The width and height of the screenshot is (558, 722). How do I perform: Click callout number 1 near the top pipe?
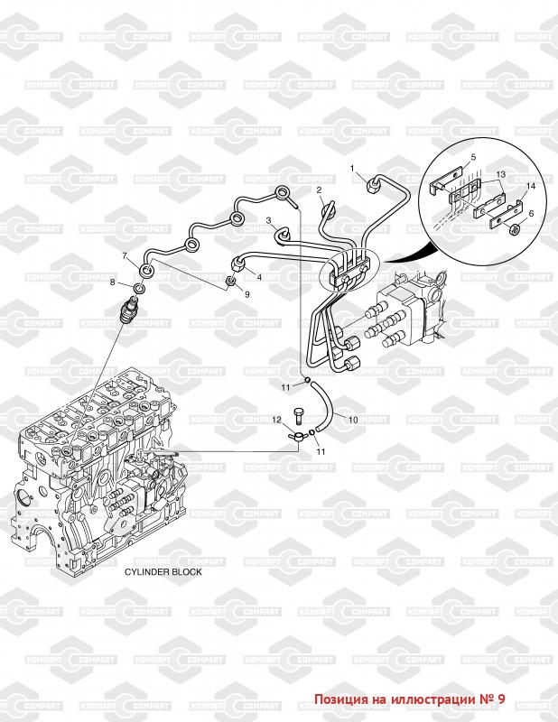coord(352,169)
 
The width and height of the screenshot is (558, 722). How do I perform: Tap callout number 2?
coord(319,190)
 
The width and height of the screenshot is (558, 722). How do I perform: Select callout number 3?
coord(269,221)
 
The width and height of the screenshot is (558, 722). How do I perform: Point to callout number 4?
coord(259,277)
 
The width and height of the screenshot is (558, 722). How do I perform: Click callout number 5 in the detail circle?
coord(473,158)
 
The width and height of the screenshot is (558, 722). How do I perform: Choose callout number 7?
coord(125,256)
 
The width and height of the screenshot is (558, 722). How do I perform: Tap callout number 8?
coord(113,282)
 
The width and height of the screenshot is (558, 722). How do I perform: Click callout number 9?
coord(247,294)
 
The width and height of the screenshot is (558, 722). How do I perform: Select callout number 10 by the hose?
coord(353,420)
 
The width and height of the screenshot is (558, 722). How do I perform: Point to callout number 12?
coord(276,420)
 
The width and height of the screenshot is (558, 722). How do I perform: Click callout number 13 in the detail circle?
coord(501,174)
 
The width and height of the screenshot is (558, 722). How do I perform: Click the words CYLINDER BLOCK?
coord(163,572)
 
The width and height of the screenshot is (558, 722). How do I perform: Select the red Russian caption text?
coord(410,699)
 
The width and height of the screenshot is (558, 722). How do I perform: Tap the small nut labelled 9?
coord(231,281)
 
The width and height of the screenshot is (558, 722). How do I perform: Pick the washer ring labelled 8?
coord(140,289)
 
